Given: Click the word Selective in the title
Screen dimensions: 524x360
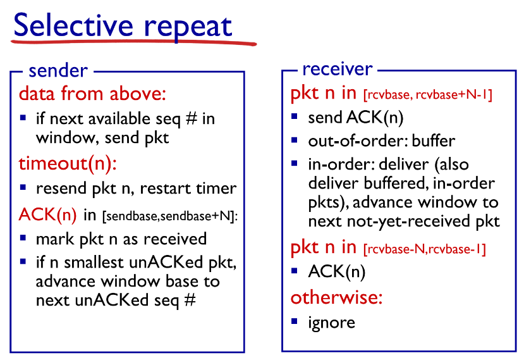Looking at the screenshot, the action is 73,25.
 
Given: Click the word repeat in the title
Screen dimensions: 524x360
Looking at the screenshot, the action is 188,28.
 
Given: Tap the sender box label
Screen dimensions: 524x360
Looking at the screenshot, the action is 58,71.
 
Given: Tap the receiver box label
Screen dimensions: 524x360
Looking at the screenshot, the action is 337,69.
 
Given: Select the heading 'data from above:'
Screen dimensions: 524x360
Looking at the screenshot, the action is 92,94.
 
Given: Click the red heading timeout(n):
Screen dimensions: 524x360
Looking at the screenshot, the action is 68,164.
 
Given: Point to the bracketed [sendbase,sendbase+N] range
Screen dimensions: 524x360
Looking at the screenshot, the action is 169,216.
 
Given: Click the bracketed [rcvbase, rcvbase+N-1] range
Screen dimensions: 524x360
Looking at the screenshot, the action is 428,95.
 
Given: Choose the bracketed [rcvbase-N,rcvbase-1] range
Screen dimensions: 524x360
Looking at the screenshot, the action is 424,249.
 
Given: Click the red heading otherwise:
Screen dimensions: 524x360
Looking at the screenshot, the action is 336,297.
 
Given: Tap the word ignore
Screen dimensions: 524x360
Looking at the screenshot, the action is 331,323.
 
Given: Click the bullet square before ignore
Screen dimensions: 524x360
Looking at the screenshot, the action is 294,321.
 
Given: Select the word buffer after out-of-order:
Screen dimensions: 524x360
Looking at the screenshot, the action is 434,141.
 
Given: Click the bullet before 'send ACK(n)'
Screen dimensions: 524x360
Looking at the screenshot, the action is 294,116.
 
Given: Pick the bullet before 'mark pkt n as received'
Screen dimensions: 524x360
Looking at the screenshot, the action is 23,238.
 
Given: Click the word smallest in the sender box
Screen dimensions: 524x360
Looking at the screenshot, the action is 94,263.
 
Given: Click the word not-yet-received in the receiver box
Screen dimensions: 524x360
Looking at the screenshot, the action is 408,221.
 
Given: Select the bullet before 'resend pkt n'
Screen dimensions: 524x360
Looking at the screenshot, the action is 23,187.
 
